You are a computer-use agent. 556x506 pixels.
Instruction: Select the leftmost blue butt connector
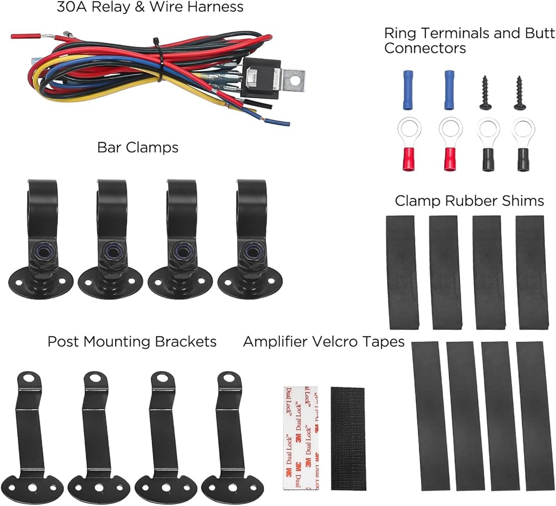(x=409, y=90)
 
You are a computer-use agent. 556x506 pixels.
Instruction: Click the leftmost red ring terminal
(x=409, y=144)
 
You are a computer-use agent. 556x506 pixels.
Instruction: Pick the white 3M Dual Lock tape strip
(x=301, y=438)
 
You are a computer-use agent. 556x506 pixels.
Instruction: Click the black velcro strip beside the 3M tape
(x=348, y=439)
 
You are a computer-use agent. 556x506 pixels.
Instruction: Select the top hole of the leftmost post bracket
(x=29, y=378)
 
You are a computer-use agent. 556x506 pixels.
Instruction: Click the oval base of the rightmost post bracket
(x=232, y=487)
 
